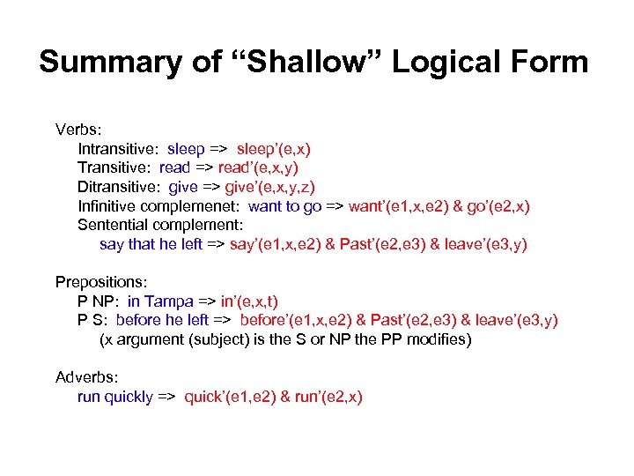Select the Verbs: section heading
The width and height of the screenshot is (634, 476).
tap(78, 130)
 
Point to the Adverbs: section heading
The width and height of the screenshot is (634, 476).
tap(86, 377)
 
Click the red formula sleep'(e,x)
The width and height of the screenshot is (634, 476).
tap(273, 149)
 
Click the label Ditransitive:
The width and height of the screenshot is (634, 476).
tap(120, 187)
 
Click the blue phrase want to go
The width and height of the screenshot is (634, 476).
tap(285, 206)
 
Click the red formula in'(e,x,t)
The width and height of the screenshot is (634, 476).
tap(249, 301)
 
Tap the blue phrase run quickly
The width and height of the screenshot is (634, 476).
tap(115, 397)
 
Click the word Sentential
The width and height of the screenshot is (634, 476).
tap(114, 225)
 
